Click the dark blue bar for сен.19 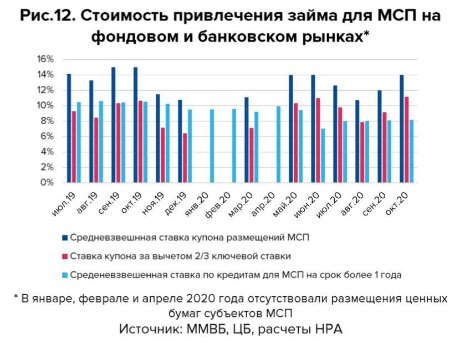click(114, 125)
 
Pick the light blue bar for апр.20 click(278, 145)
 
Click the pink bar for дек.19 click(185, 158)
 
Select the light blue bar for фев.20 click(234, 146)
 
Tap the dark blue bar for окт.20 click(402, 129)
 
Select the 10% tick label click(46, 106)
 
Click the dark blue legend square click(65, 238)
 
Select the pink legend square click(65, 256)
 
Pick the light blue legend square click(65, 274)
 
